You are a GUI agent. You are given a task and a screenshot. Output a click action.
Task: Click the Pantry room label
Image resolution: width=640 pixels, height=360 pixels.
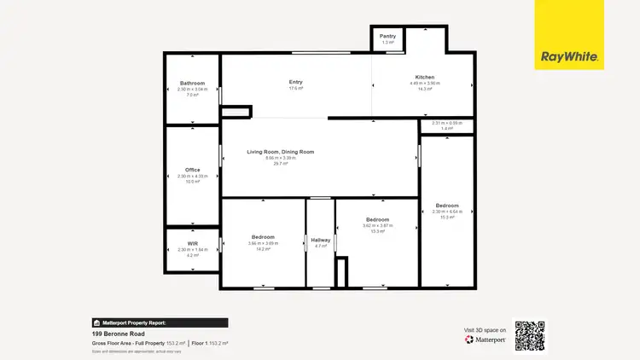(388, 37)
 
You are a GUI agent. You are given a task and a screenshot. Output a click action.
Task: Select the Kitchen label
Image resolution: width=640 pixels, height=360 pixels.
(424, 77)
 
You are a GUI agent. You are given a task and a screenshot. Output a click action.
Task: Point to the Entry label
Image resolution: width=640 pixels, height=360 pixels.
(296, 82)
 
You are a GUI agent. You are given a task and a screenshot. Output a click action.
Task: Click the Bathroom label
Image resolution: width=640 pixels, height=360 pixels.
(192, 83)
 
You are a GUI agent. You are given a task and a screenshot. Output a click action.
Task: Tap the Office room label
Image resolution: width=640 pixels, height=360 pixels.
(192, 170)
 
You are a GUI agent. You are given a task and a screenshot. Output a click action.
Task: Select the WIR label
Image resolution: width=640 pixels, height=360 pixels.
(192, 244)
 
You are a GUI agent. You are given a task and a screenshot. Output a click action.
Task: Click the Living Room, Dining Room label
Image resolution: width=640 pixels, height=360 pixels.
(281, 152)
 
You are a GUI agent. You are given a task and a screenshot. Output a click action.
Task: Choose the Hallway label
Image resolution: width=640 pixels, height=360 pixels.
(320, 240)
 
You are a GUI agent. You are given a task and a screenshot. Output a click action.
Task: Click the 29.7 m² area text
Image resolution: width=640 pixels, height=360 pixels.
(281, 163)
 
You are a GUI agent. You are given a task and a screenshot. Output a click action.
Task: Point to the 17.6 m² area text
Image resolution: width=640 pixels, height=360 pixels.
(296, 88)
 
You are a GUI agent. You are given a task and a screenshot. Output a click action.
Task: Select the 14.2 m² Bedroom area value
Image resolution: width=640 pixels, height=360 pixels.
(263, 249)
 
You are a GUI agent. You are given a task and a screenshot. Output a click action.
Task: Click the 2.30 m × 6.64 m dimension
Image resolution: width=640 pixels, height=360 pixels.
(447, 212)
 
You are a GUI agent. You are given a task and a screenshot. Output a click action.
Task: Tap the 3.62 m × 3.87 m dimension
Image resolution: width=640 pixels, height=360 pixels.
(378, 225)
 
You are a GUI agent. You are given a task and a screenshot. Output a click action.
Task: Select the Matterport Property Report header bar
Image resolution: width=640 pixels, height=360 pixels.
(160, 323)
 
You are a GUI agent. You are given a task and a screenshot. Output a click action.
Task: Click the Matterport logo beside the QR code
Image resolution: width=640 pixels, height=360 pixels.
(486, 340)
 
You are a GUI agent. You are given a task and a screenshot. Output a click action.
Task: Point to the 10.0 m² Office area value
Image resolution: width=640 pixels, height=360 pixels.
(192, 182)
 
